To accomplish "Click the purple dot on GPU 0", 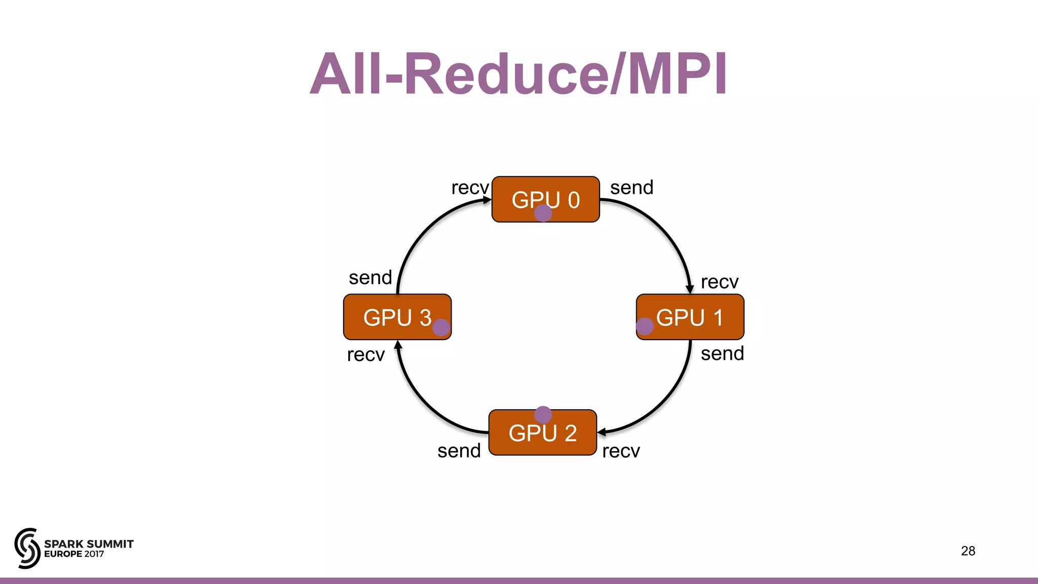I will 543,213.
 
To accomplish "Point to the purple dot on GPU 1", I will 644,326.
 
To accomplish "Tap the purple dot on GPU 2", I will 543,415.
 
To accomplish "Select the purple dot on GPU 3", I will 441,327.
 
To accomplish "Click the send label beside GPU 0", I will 632,188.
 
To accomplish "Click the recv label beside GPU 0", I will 470,188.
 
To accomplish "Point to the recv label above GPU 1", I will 719,282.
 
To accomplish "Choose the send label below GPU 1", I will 722,353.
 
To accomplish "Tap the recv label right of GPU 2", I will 621,451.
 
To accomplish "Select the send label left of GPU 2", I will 459,451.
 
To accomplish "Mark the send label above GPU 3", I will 370,278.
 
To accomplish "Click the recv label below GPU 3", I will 365,355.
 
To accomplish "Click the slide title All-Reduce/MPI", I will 518,74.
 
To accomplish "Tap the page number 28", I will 968,551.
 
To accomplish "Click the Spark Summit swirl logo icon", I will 27,548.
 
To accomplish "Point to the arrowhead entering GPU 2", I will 602,432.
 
